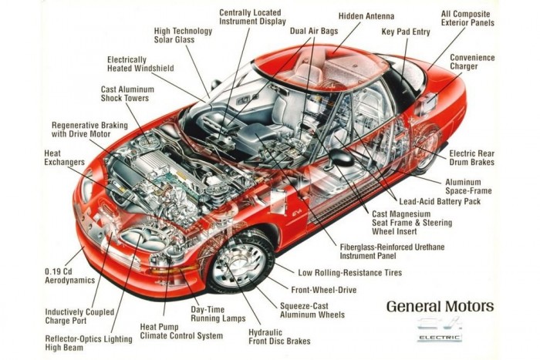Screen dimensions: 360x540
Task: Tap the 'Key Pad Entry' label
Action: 405,32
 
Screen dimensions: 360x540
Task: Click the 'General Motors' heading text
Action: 440,307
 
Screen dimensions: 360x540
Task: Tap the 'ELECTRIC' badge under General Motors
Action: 440,338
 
